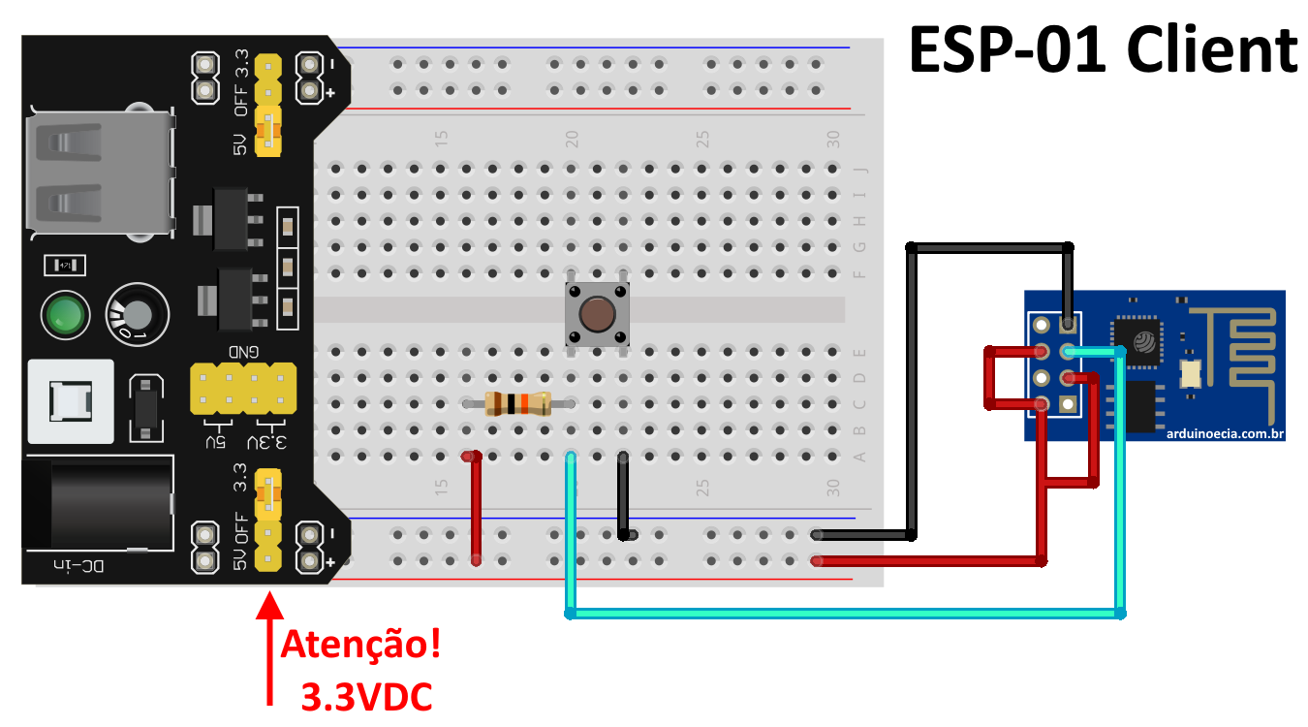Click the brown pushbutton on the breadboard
click(597, 315)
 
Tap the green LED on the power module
click(65, 314)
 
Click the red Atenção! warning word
click(360, 646)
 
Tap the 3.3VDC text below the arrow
click(366, 696)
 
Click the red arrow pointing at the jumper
click(270, 649)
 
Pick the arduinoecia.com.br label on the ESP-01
click(1225, 433)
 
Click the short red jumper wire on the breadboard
click(476, 508)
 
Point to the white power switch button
click(70, 402)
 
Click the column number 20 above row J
click(572, 138)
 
